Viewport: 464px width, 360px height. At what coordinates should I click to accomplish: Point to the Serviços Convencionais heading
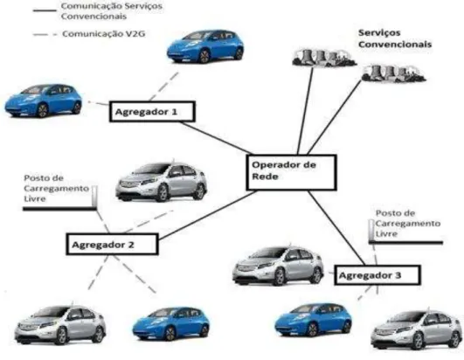395,38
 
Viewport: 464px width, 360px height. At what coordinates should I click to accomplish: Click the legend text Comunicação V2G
104,34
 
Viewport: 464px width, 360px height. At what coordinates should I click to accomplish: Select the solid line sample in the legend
45,10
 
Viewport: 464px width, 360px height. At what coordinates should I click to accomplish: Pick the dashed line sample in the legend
45,35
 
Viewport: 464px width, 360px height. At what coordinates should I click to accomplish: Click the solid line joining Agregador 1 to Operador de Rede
217,138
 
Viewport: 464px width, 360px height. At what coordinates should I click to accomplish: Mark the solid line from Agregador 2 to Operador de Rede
207,215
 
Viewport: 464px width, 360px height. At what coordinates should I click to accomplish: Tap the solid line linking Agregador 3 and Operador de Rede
336,228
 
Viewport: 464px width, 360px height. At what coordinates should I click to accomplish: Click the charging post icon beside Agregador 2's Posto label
94,196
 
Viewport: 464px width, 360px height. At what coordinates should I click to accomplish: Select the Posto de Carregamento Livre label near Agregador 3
408,224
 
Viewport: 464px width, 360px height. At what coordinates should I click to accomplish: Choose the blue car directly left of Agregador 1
44,100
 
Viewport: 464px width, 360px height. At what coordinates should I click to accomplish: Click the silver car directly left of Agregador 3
278,265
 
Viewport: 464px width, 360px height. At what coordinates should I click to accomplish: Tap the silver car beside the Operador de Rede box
162,181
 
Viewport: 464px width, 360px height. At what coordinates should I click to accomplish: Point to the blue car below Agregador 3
313,320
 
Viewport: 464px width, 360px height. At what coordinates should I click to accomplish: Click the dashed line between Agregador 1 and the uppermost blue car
163,87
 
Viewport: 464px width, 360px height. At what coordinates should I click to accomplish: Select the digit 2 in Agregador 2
130,245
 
